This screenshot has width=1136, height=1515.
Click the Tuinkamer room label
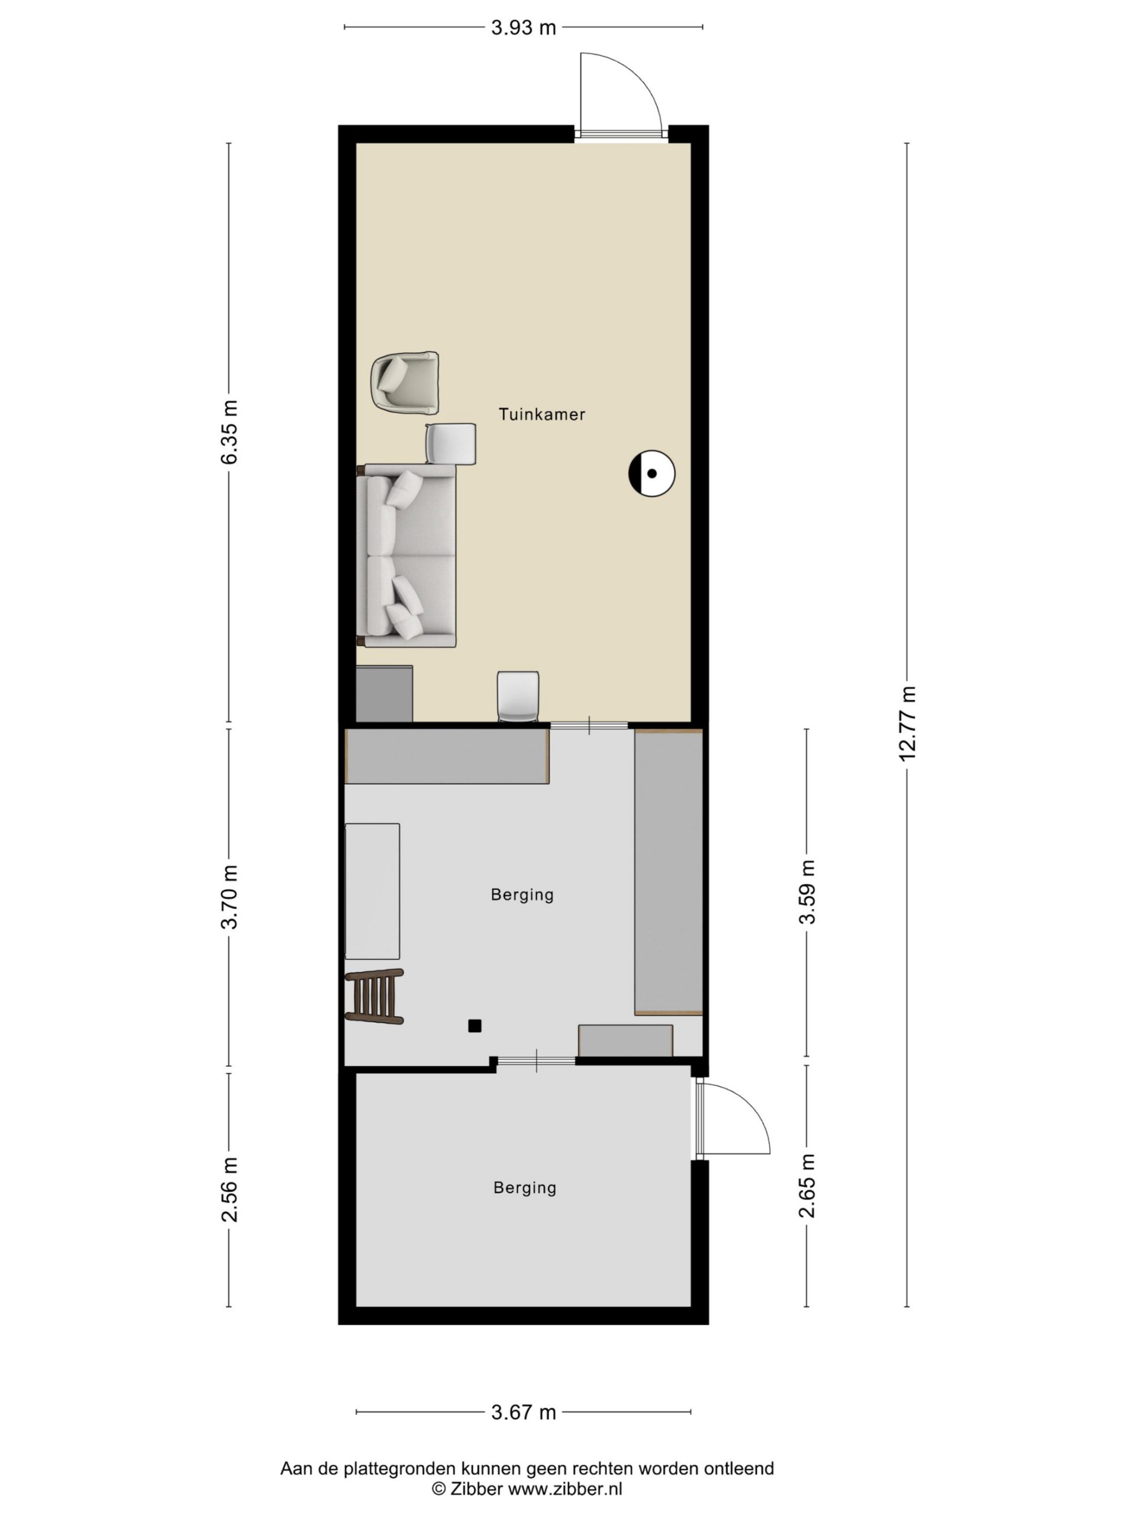pyautogui.click(x=541, y=414)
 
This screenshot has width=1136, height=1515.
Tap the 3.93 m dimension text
pyautogui.click(x=523, y=27)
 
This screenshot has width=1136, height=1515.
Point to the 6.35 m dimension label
pyautogui.click(x=230, y=432)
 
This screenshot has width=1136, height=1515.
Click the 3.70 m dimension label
pyautogui.click(x=230, y=897)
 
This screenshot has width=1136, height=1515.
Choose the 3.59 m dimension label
pyautogui.click(x=807, y=892)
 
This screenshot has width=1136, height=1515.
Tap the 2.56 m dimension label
pyautogui.click(x=230, y=1190)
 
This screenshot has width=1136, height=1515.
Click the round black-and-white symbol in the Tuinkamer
pyautogui.click(x=651, y=473)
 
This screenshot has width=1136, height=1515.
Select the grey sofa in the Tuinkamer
pyautogui.click(x=406, y=556)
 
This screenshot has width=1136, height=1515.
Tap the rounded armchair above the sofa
pyautogui.click(x=404, y=383)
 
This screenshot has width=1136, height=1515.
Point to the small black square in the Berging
pyautogui.click(x=474, y=1026)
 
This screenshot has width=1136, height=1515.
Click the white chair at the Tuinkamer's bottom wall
pyautogui.click(x=518, y=697)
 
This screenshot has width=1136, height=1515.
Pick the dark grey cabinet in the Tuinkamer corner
pyautogui.click(x=384, y=694)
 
